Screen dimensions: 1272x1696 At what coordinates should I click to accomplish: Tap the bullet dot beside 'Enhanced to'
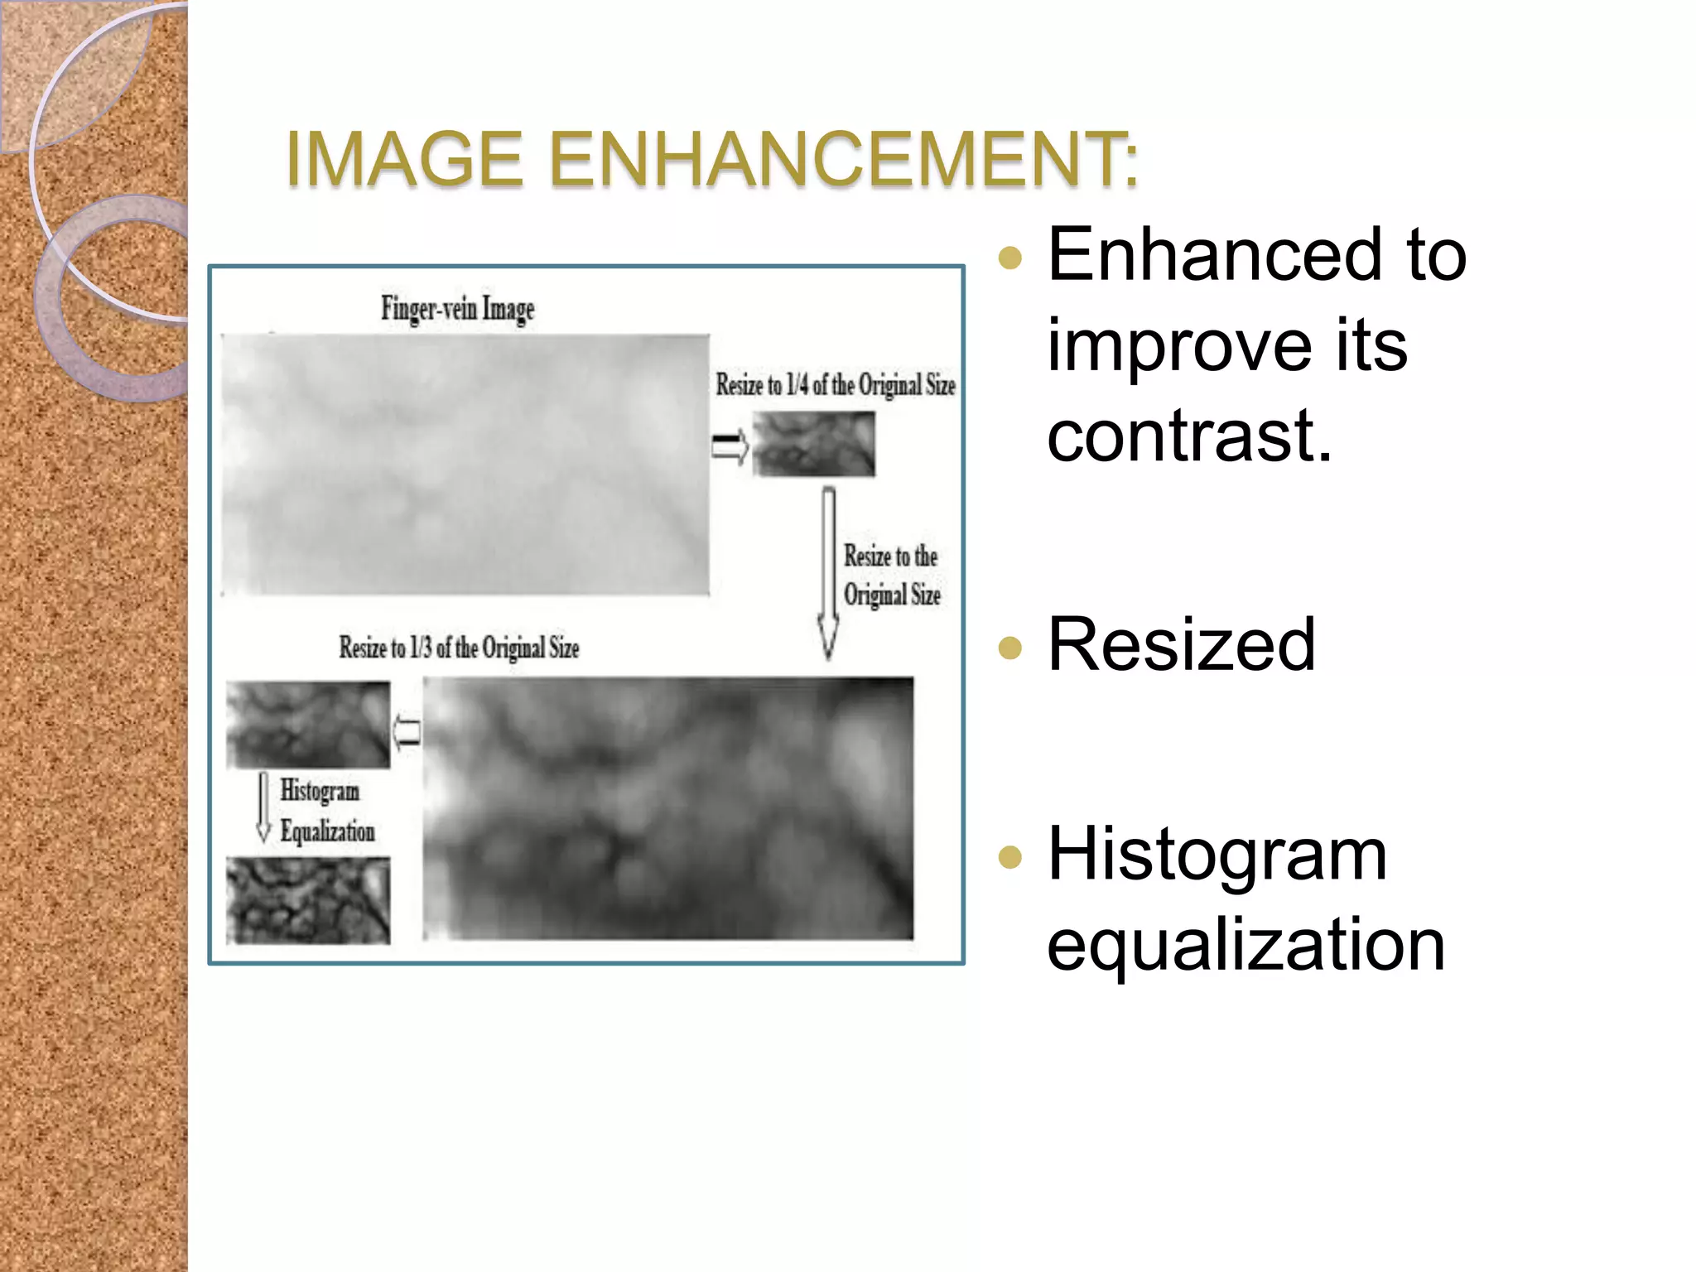point(1010,258)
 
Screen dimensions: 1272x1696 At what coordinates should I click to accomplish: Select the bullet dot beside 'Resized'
point(1010,647)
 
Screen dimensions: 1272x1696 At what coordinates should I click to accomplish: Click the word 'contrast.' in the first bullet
point(1189,436)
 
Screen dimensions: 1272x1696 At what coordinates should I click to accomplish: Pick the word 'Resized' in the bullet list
point(1181,645)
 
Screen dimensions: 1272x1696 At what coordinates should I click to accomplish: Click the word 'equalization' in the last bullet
point(1245,945)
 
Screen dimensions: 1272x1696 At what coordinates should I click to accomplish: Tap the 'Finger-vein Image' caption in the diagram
point(458,309)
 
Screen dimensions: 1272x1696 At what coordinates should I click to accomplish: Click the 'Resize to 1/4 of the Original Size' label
point(836,385)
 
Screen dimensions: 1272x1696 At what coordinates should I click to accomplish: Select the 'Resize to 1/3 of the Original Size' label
point(459,648)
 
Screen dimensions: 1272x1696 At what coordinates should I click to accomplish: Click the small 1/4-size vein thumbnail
point(813,445)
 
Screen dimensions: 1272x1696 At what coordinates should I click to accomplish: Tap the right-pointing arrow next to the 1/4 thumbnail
point(730,447)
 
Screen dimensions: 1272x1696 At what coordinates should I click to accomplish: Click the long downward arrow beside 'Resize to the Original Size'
point(828,571)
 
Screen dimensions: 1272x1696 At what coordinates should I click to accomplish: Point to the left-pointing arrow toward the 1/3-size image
point(407,732)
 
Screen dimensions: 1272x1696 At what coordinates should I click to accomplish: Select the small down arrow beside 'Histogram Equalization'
point(263,807)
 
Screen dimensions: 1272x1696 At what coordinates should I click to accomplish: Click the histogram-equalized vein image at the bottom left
point(308,900)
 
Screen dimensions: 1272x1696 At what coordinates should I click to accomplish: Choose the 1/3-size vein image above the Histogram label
point(308,725)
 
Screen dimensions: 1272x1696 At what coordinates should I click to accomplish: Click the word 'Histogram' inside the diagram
point(320,791)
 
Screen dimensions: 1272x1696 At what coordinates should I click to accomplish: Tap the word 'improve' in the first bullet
point(1179,346)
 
